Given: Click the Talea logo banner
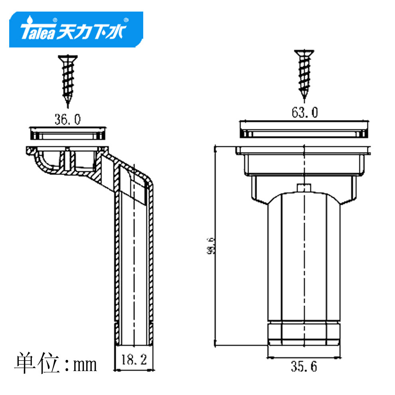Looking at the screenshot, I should coord(76,30).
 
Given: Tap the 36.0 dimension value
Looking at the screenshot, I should coord(67,119).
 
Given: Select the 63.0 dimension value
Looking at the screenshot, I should coord(304,113).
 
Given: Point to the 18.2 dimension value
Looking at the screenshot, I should coord(134,360).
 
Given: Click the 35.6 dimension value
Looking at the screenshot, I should coord(304,366).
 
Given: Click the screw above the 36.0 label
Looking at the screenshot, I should coord(67,80).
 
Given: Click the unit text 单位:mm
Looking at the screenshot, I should coord(56,362).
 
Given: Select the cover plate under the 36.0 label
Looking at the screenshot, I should coord(67,133).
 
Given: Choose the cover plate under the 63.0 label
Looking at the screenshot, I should coord(304,128).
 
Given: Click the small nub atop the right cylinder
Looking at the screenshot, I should coord(304,187).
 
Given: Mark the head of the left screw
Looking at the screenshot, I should coord(67,58).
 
